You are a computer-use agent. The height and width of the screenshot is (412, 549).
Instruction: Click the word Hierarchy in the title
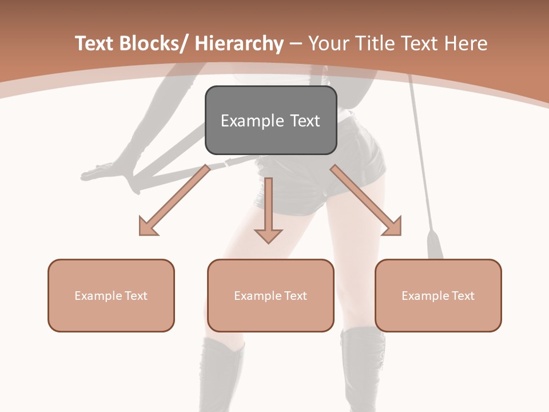point(239,43)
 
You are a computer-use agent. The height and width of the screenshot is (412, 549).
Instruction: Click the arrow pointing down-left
point(172,203)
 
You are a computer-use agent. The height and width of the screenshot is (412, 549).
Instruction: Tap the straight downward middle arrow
point(268,212)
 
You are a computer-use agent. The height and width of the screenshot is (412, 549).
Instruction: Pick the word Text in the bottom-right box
point(463,296)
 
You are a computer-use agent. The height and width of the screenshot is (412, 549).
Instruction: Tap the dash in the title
point(296,45)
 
